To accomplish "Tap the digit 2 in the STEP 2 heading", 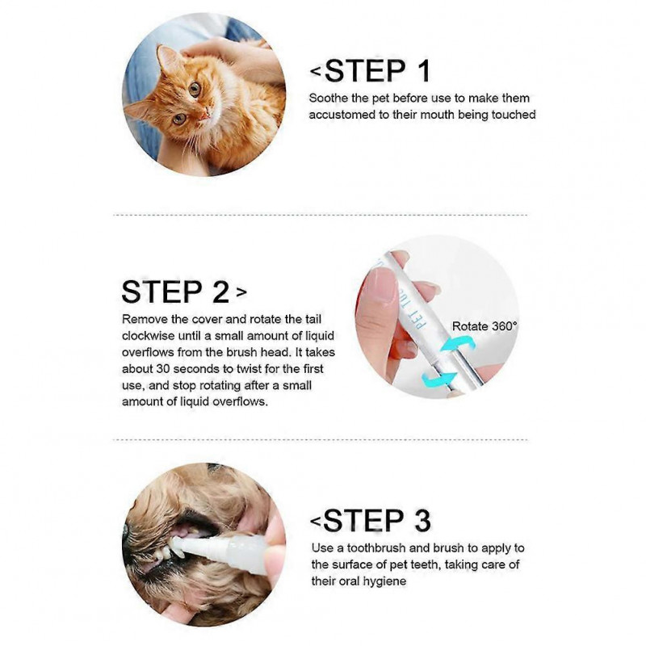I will (x=219, y=292).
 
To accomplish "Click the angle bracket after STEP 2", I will (x=242, y=292).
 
